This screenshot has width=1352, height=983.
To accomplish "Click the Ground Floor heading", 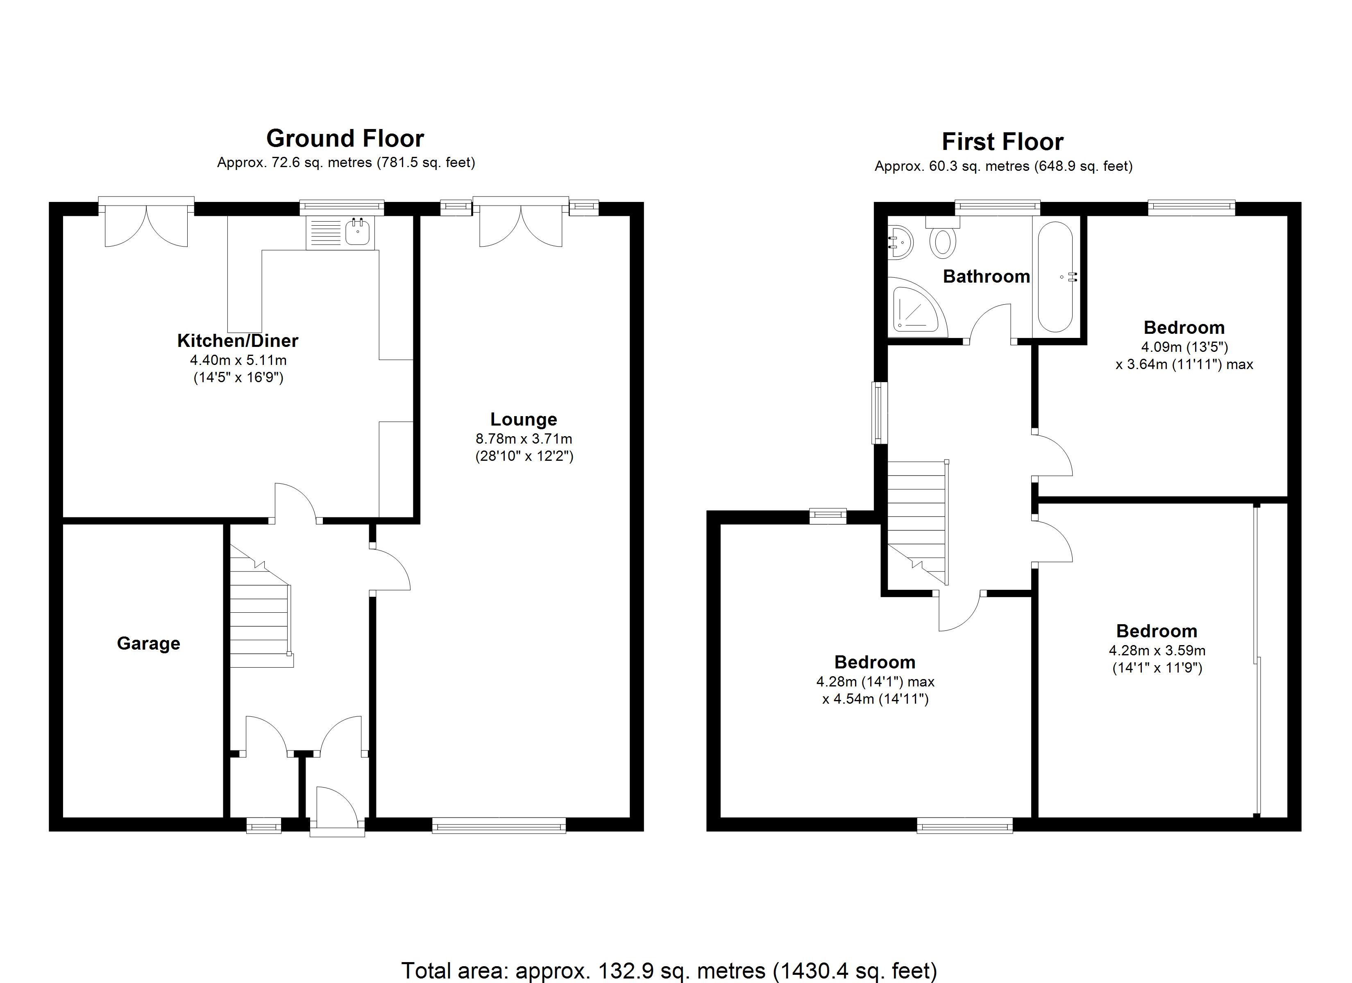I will coord(345,138).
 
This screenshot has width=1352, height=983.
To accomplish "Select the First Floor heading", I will coord(1002,142).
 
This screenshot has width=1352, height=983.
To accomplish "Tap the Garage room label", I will coord(148,643).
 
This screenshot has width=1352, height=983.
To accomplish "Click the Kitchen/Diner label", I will coord(238,340).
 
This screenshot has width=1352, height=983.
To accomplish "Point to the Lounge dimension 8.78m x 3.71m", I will coord(524,439).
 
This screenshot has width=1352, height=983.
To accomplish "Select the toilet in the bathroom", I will coord(942,241).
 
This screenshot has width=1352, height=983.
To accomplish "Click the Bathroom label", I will coord(986,276).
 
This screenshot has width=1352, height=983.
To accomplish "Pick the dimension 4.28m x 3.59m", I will coord(1157,650).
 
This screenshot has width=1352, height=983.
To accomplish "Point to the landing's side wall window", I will coord(879,412).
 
